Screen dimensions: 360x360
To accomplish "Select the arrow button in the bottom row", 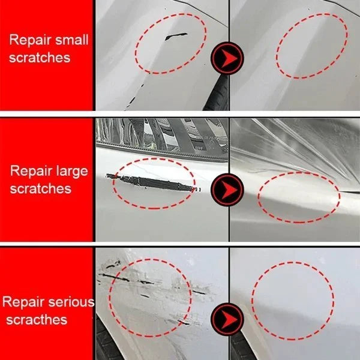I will coord(228,316).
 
